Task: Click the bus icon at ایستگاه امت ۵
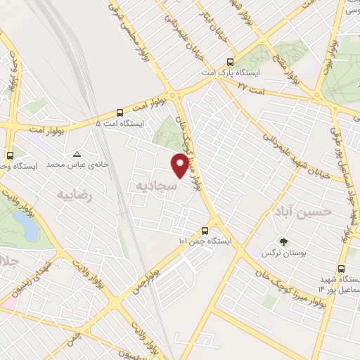[x=120, y=112]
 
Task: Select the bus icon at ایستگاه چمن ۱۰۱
[x=205, y=230]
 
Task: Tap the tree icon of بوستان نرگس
[x=283, y=240]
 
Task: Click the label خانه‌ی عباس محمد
[x=70, y=164]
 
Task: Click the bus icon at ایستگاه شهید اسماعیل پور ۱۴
[x=341, y=269]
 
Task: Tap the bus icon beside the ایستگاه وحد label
[x=10, y=155]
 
